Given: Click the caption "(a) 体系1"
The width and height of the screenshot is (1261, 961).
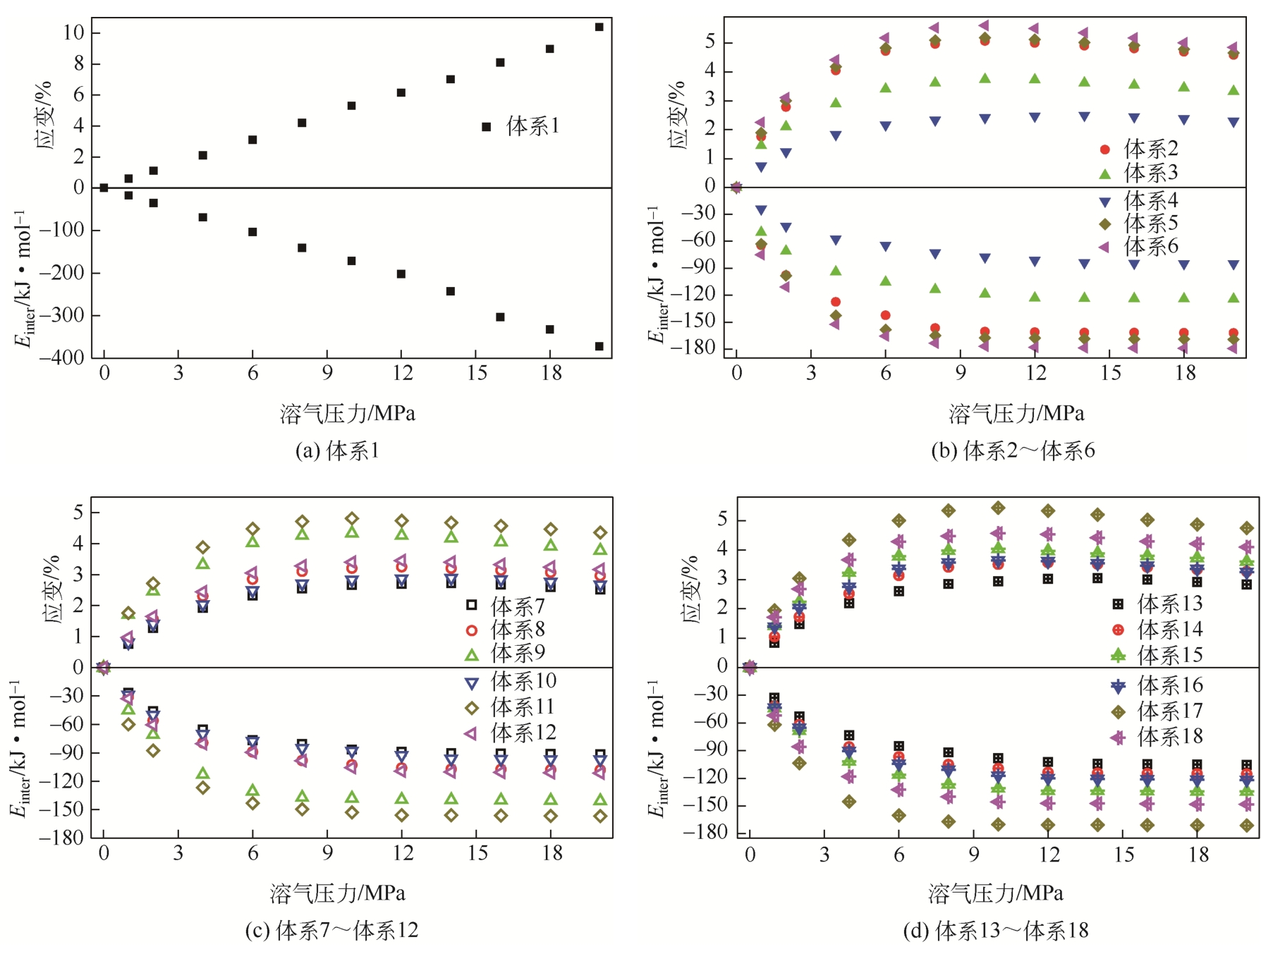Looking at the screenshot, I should pos(337,451).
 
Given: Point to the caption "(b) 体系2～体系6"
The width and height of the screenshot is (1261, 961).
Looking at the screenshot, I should pos(1013,451).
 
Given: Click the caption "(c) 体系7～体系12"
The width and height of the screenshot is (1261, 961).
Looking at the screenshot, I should pos(331,931).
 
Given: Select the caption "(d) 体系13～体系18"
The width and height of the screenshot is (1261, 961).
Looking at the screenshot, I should pos(996,931).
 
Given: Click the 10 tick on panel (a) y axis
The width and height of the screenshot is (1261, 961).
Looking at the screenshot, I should pos(73,32).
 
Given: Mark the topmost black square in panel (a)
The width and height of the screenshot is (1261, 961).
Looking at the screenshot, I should pos(599,27).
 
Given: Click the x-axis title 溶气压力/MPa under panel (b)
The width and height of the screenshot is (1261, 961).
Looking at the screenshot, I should pos(1016,413).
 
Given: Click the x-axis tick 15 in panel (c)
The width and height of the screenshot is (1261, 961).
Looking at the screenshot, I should pos(477,854).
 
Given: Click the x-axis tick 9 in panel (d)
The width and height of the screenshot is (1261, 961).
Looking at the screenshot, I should pos(974,855).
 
